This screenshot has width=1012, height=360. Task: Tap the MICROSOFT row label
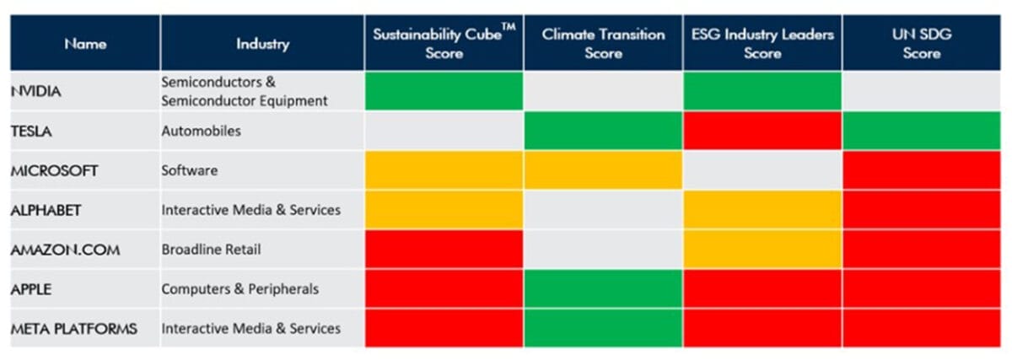(x=55, y=171)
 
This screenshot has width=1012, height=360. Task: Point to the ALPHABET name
(x=46, y=211)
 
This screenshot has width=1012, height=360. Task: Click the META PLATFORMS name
(x=73, y=329)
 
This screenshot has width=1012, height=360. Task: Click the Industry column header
(x=262, y=44)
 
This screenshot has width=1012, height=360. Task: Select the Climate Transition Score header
(x=603, y=44)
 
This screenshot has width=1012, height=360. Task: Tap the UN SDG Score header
(x=921, y=44)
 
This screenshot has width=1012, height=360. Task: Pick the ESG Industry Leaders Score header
(x=762, y=44)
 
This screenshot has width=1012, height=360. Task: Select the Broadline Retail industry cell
(x=211, y=250)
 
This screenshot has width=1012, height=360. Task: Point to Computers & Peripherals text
(x=240, y=289)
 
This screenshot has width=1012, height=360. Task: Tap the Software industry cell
(x=190, y=171)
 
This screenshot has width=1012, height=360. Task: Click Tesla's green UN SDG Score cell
(x=921, y=132)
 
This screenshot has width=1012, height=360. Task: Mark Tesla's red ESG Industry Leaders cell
(x=762, y=132)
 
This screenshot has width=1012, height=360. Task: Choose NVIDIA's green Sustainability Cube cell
(x=444, y=91)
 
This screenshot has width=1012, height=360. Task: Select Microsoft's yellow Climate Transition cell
(x=603, y=171)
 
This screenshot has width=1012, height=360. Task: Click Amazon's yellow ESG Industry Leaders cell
(x=762, y=250)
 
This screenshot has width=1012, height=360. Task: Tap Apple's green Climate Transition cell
(x=603, y=289)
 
